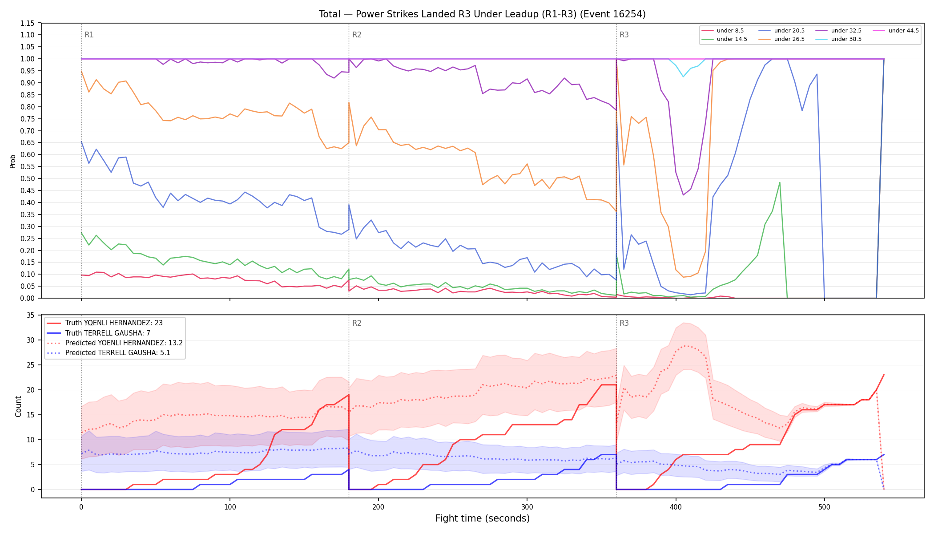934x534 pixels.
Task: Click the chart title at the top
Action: (x=482, y=14)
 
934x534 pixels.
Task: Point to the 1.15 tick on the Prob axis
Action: (x=28, y=23)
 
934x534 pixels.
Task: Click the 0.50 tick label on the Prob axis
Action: (x=28, y=178)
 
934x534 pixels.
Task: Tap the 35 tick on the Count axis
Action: (x=31, y=316)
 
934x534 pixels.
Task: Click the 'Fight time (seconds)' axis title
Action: (x=483, y=518)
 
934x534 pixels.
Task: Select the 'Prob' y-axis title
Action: (x=13, y=161)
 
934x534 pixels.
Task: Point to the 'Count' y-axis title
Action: (x=18, y=406)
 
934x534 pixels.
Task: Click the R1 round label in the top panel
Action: (x=89, y=35)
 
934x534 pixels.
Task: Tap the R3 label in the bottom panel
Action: (x=624, y=323)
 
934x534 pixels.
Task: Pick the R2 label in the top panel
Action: (x=357, y=35)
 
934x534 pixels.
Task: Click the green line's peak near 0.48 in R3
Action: (x=780, y=182)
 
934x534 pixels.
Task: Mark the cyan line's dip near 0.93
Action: (x=684, y=77)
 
